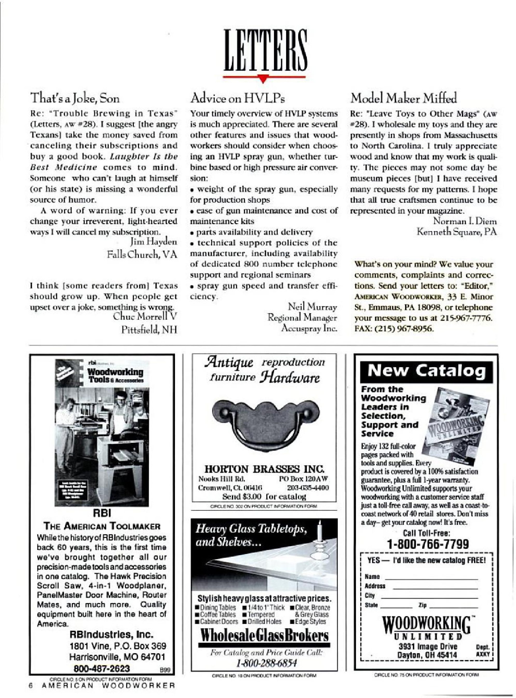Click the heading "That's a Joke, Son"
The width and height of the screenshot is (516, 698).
[x=75, y=99]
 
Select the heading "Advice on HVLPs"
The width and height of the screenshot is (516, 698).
[x=238, y=99]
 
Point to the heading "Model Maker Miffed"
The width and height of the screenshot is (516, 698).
[x=403, y=99]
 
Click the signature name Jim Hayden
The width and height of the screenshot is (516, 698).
[x=153, y=241]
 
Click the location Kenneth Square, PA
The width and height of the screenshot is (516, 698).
[x=457, y=232]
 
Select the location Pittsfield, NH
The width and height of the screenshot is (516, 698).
[x=149, y=330]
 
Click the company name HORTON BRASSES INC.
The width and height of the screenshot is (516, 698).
[x=264, y=469]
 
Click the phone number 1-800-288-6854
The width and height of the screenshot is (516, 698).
[x=264, y=663]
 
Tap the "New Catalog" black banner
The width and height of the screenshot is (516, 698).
[x=426, y=372]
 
